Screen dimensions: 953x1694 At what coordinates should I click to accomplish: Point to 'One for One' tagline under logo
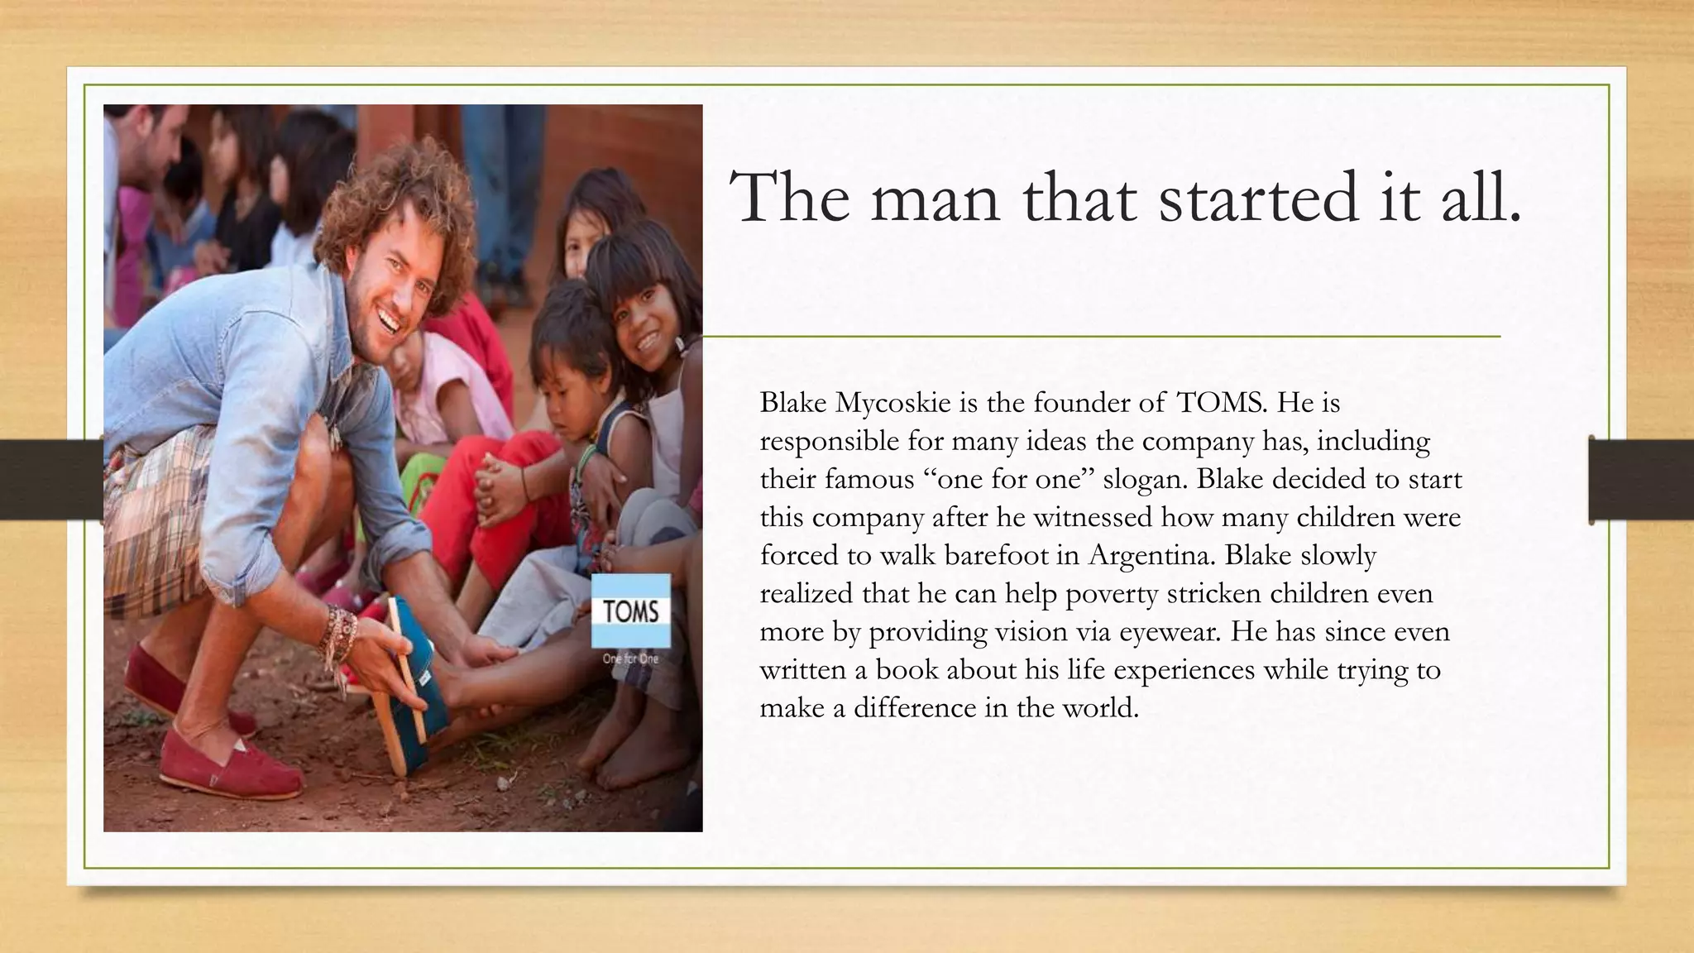click(630, 658)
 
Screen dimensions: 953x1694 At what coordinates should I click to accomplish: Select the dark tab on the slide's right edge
click(1641, 480)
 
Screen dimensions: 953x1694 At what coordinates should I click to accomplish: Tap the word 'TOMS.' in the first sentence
click(1221, 403)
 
